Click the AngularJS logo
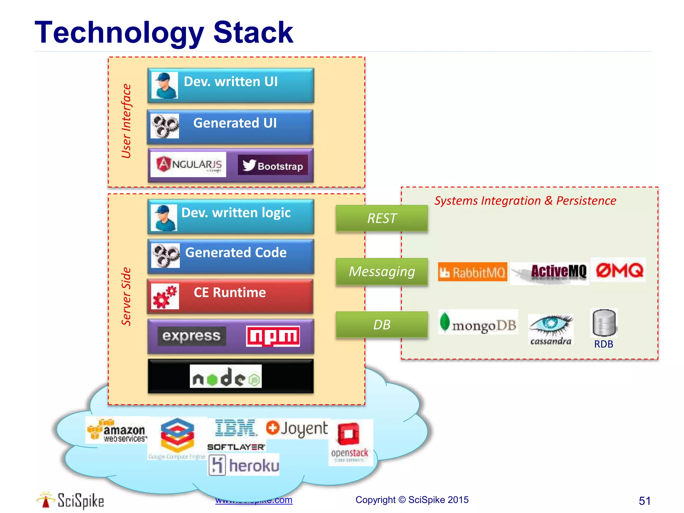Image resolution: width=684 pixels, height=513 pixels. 188,164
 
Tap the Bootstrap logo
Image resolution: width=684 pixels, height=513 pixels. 273,165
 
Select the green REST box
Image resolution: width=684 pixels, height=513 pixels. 381,218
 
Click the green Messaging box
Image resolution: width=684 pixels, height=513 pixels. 381,272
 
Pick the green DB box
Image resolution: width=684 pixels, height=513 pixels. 381,325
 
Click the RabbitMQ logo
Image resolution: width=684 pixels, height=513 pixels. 472,272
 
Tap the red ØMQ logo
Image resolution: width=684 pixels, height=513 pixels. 619,270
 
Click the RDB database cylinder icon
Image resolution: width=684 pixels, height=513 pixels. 604,323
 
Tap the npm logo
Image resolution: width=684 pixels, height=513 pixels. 273,336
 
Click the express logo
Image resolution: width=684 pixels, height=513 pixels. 191,336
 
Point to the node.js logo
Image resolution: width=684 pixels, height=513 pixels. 226,377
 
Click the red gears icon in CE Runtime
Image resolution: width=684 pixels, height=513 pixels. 165,296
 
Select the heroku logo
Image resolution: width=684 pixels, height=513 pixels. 244,465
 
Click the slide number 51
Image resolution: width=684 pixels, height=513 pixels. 644,501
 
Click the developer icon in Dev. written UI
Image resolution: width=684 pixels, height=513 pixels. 164,85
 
